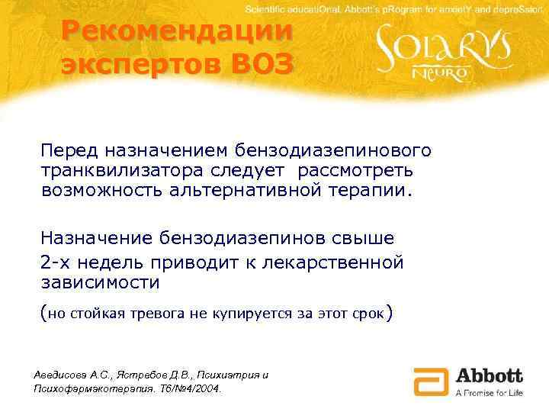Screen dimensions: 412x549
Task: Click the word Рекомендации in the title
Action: pyautogui.click(x=178, y=33)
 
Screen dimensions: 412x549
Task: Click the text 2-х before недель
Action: pyautogui.click(x=57, y=262)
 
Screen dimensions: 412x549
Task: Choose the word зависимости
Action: pyautogui.click(x=100, y=282)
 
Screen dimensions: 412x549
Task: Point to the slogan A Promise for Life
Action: pyautogui.click(x=489, y=392)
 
